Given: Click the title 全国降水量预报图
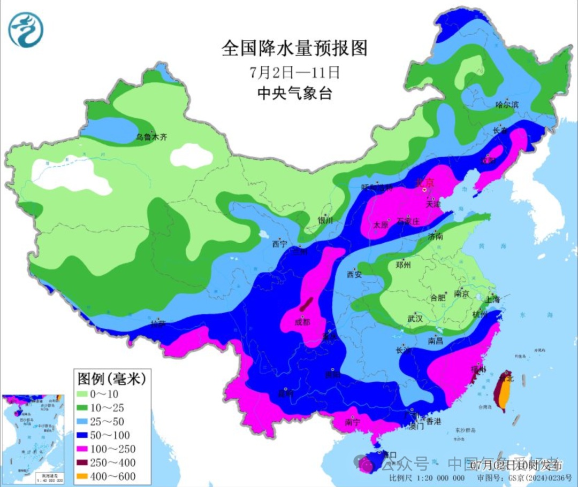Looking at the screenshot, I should coord(295,49).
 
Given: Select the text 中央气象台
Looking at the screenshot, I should coord(295,94).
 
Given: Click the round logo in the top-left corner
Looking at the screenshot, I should coord(26,30).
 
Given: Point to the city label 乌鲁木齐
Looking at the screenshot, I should coord(151,137).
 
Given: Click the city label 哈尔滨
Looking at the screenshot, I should coord(507,105).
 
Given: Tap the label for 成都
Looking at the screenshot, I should coord(302,322).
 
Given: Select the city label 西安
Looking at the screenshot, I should coord(354,274).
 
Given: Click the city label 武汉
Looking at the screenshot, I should coord(415,319).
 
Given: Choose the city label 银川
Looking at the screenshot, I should coord(325,220).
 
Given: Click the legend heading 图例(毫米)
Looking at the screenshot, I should coord(112,379).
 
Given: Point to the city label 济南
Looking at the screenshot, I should coord(436,236).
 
